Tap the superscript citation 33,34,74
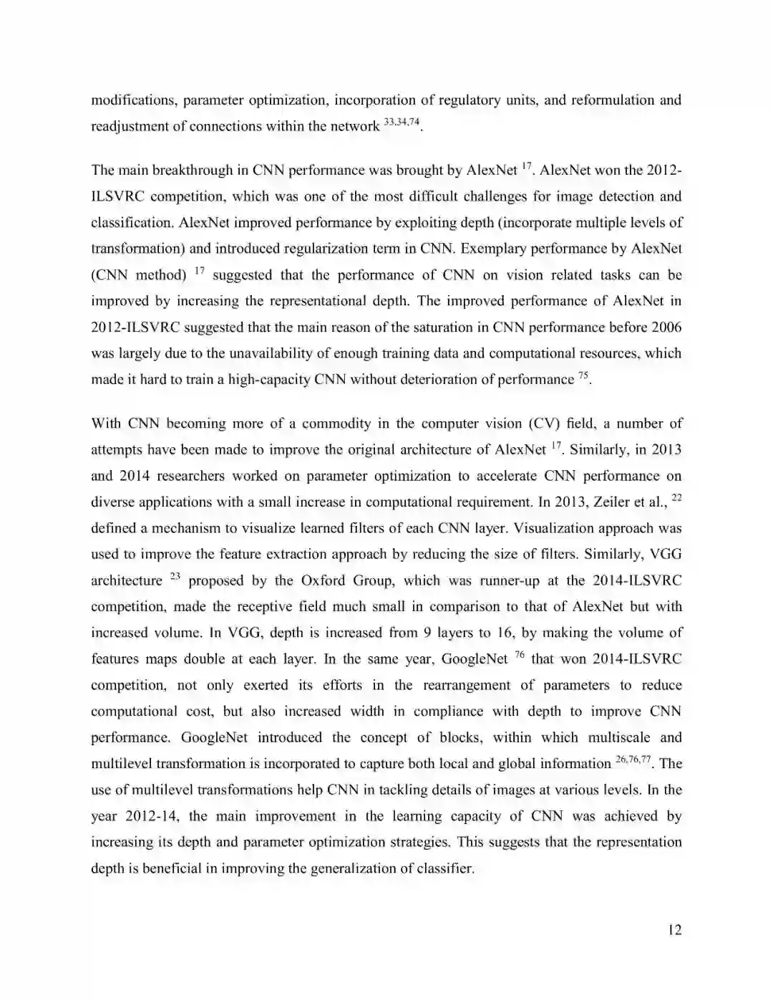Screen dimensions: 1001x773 [x=402, y=123]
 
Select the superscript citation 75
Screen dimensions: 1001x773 [x=583, y=375]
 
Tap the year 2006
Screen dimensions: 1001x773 [x=666, y=327]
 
